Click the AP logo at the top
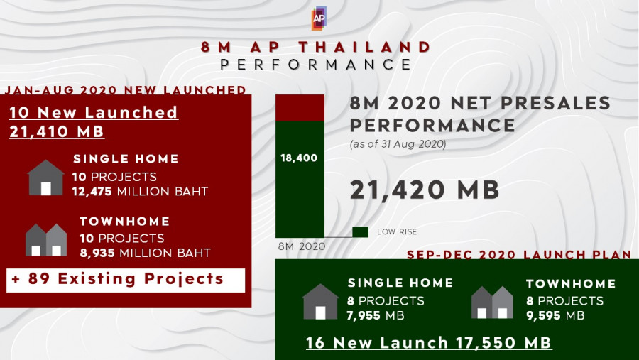click(319, 18)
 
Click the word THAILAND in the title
click(365, 47)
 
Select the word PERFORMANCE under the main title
click(316, 65)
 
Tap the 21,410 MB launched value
click(57, 131)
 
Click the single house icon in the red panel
click(45, 178)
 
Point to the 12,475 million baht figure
click(140, 191)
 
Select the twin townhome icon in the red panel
click(46, 240)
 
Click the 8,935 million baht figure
click(145, 253)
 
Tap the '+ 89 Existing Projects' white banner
click(126, 280)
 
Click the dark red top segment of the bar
click(300, 108)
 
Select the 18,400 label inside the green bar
click(299, 158)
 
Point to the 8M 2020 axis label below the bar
click(302, 246)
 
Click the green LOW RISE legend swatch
click(360, 232)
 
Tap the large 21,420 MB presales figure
click(425, 190)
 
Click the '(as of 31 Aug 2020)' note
click(398, 144)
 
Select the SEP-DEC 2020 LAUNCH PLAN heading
click(519, 255)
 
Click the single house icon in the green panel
click(320, 302)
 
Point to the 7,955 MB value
click(376, 315)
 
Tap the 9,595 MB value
click(555, 315)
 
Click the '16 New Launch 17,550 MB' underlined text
click(429, 342)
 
